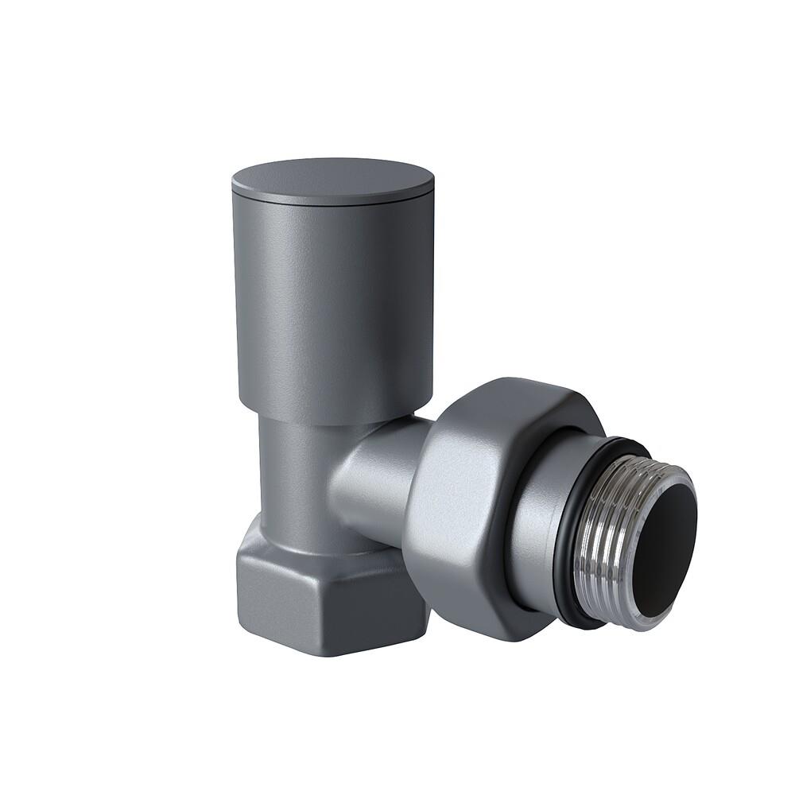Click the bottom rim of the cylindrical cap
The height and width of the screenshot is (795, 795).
(x=334, y=422)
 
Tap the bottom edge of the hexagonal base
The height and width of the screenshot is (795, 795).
(x=318, y=652)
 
